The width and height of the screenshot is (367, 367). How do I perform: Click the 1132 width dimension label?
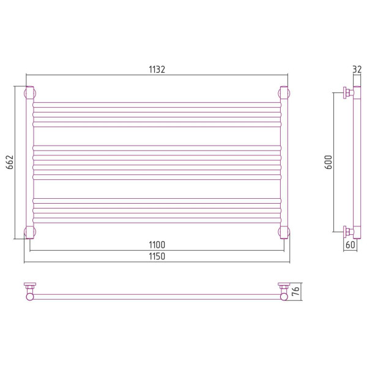[x=157, y=70]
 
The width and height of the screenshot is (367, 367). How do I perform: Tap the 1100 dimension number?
[x=157, y=245]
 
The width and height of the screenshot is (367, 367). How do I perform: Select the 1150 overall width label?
[x=157, y=256]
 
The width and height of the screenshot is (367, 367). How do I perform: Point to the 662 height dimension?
[x=10, y=162]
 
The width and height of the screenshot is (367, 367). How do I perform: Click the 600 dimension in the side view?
[x=328, y=162]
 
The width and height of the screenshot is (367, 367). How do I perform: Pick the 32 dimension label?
[x=357, y=70]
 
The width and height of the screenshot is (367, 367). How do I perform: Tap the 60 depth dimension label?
[x=350, y=245]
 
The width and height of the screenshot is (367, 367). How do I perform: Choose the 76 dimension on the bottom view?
[x=295, y=291]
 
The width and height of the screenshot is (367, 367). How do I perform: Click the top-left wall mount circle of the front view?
[x=30, y=93]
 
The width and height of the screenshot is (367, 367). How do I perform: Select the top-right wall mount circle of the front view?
[x=284, y=93]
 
